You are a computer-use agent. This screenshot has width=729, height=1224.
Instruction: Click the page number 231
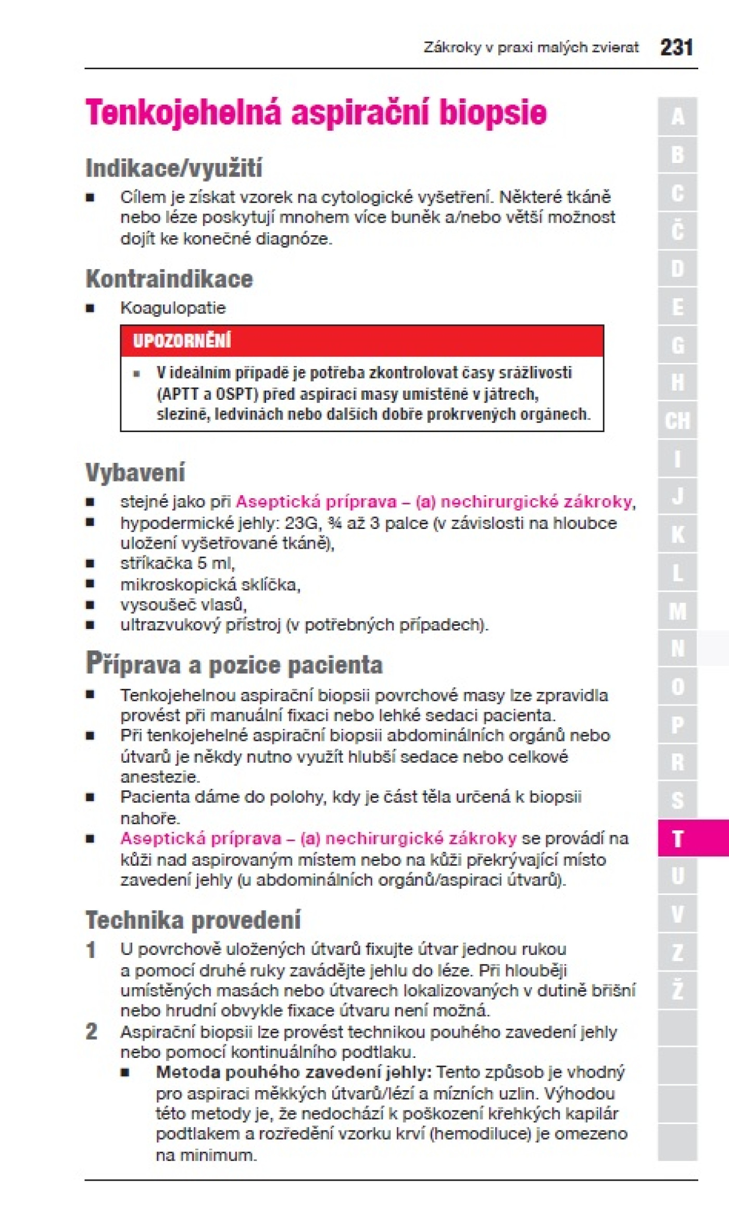click(x=676, y=47)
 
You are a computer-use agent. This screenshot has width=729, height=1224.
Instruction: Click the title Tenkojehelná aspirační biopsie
click(x=316, y=112)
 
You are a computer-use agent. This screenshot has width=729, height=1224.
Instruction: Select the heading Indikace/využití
click(x=174, y=168)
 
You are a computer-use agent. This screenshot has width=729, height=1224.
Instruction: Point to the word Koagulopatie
click(x=173, y=308)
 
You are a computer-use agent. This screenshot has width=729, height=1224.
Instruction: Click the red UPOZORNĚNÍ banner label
click(x=182, y=340)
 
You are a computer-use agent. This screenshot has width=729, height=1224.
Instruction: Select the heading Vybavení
click(x=135, y=472)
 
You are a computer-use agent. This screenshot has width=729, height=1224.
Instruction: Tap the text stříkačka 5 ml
click(x=177, y=563)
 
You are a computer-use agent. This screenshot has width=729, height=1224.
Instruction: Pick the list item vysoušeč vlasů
click(x=183, y=604)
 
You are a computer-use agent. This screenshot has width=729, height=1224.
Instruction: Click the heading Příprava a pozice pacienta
click(x=234, y=664)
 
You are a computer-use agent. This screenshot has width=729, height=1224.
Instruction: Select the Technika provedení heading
click(x=193, y=920)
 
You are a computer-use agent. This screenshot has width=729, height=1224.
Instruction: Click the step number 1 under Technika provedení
click(x=91, y=950)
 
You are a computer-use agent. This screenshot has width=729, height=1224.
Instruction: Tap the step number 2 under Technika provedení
click(x=91, y=1031)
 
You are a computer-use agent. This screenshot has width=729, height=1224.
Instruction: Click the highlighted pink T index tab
click(x=677, y=838)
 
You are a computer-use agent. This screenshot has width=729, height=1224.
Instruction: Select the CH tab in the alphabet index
click(x=677, y=421)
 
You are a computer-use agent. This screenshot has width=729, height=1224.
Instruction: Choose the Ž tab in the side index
click(x=677, y=990)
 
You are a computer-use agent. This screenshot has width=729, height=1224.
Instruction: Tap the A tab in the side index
click(x=677, y=117)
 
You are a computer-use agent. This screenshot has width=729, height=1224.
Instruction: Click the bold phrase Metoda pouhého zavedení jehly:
click(x=294, y=1072)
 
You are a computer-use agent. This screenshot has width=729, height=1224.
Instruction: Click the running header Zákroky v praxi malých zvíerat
click(x=531, y=48)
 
